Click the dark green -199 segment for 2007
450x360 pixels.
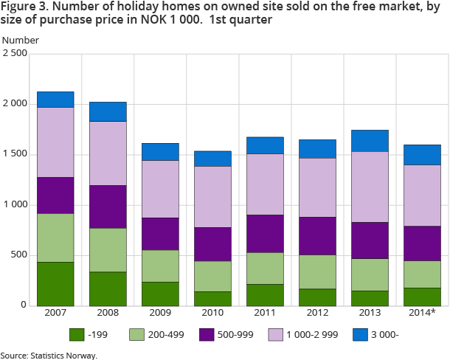click(55, 283)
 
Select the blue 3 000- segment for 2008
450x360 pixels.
click(108, 111)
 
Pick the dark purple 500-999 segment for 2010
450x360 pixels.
click(212, 244)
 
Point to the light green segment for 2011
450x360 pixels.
click(265, 268)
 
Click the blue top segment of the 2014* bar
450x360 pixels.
click(422, 154)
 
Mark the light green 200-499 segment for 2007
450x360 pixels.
click(55, 238)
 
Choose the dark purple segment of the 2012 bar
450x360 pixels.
click(317, 235)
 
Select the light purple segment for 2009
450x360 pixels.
click(160, 189)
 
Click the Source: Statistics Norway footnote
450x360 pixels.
click(49, 355)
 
